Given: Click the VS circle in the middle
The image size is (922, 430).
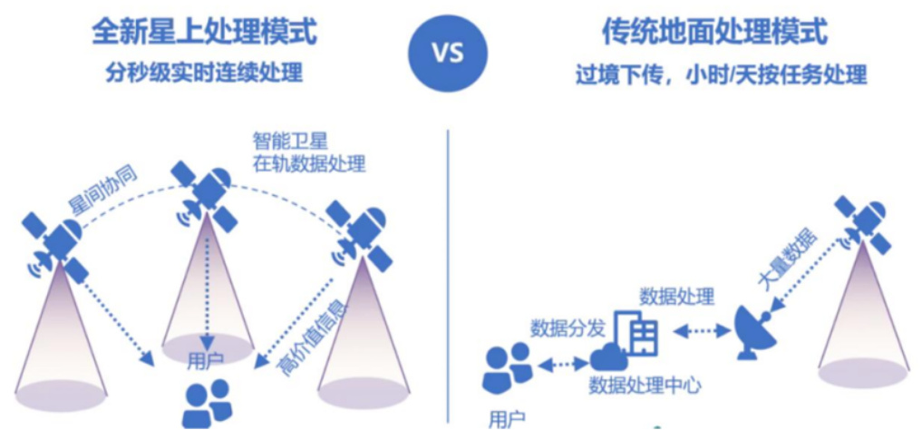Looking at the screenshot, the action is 448,54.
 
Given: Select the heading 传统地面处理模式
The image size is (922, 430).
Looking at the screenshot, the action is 714,33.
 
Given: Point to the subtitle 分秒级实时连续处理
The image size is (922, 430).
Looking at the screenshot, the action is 205,73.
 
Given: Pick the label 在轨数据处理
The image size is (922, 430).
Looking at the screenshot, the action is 309,163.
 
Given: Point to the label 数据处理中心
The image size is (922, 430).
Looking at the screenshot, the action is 645,386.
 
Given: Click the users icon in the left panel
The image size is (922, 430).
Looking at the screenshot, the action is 207,403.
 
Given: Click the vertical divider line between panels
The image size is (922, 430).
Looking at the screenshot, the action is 448,277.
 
